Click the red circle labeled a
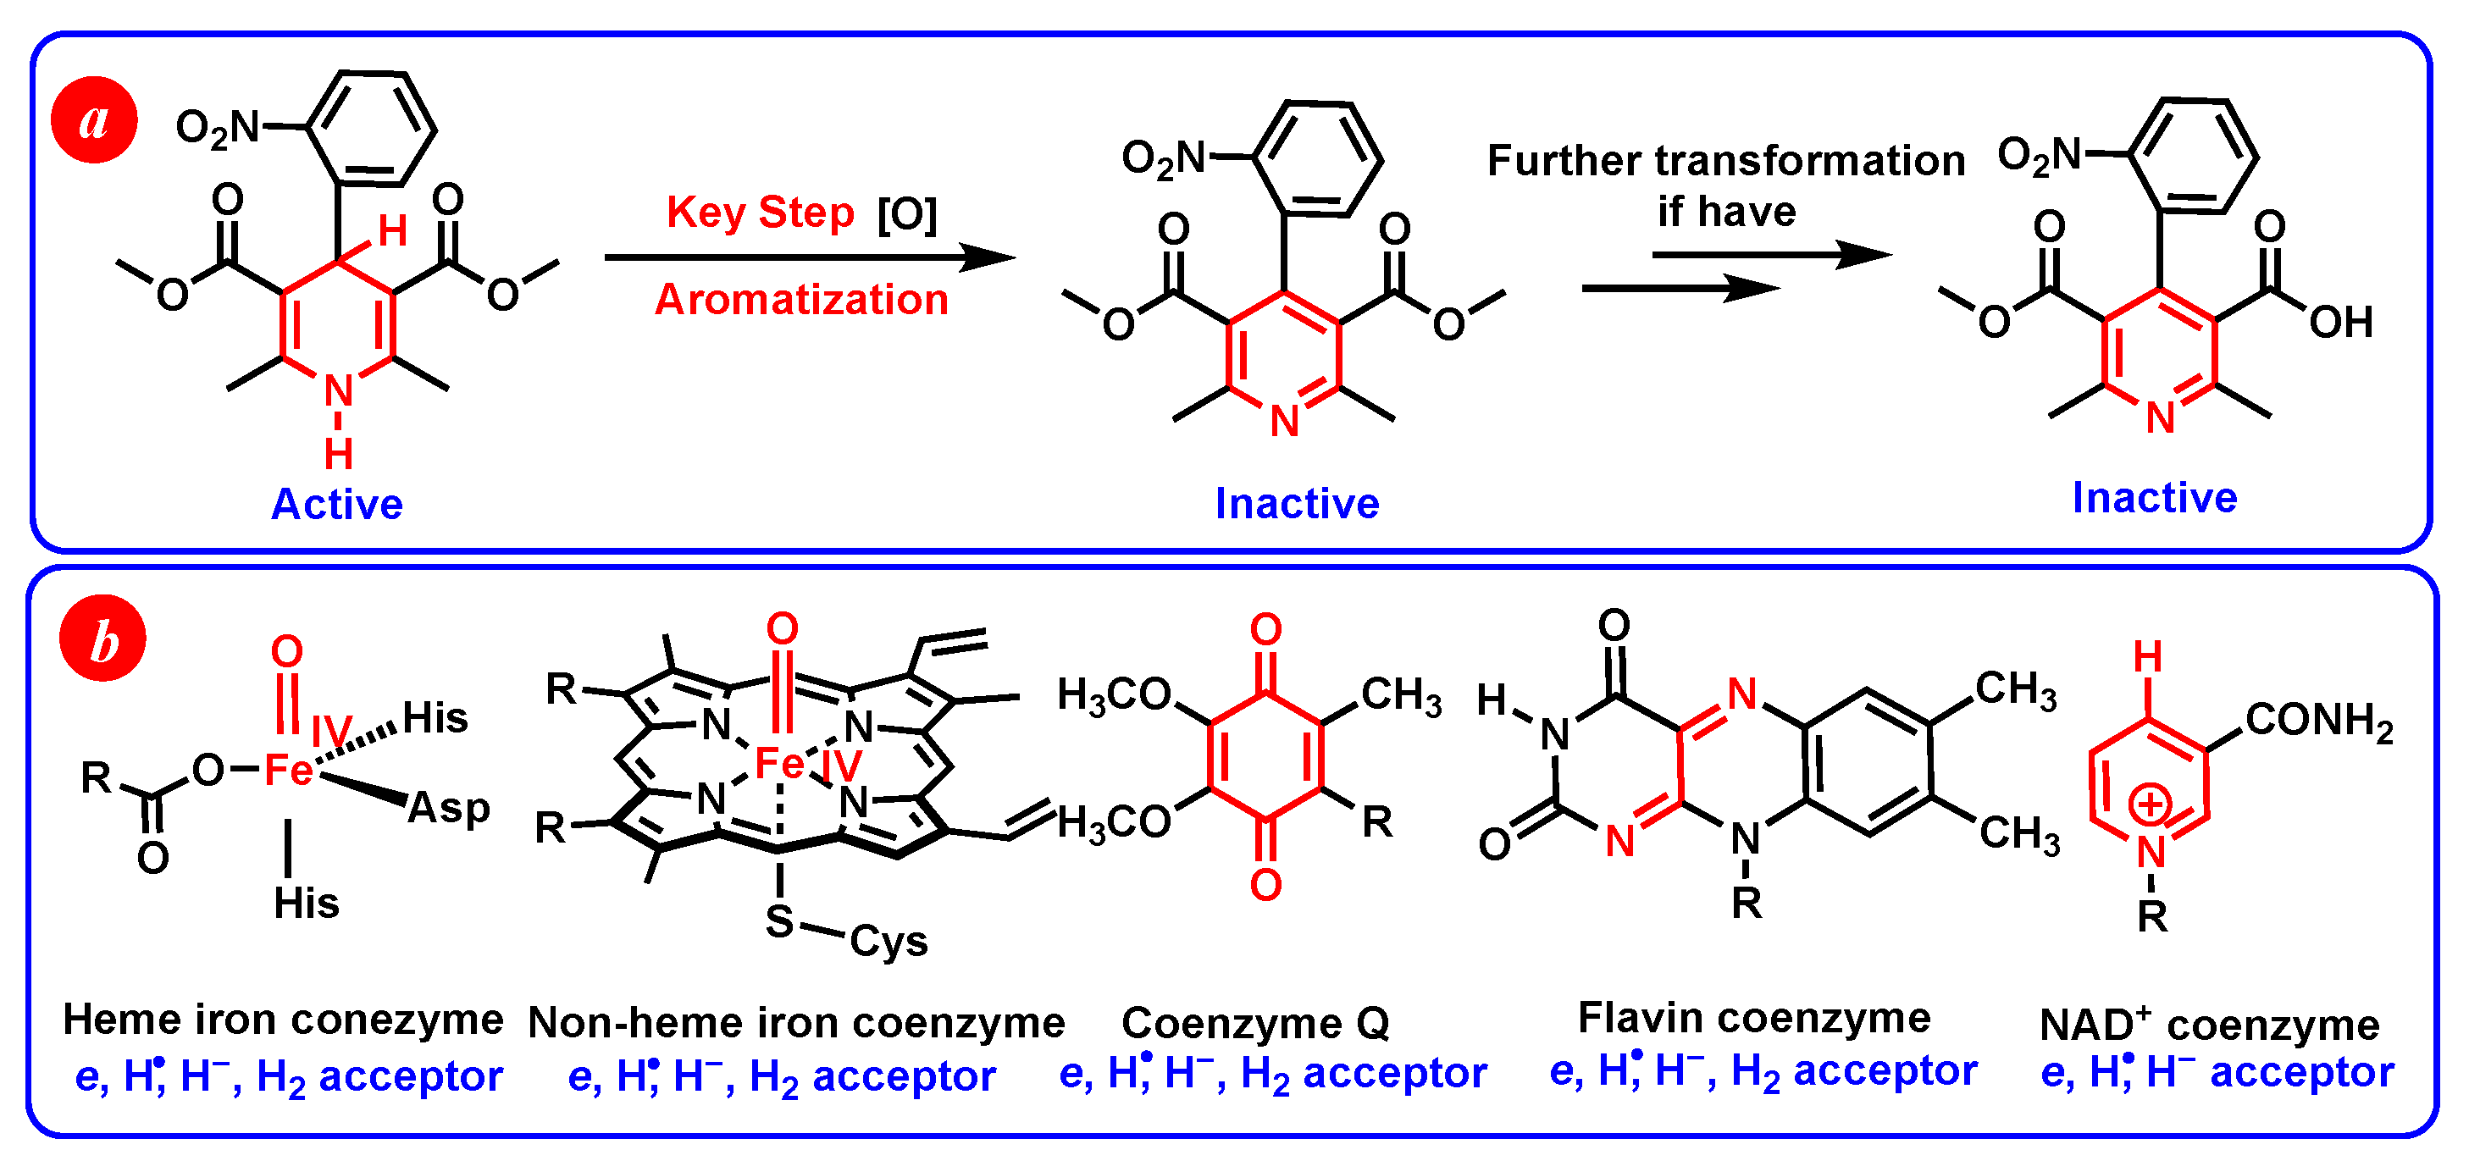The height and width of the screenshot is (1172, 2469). point(94,121)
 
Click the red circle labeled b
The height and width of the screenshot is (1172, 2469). point(102,639)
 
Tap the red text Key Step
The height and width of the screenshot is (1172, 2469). point(760,213)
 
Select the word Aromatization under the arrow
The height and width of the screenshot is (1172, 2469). point(801,300)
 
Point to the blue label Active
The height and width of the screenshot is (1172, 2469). point(337,504)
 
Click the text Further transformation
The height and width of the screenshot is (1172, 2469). point(1725,161)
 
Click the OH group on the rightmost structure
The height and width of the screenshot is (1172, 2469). point(2340,323)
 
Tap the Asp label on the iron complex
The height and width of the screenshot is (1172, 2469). point(449,808)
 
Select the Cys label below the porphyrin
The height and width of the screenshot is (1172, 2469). point(889,941)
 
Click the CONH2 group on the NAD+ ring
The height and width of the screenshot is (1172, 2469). point(2318,720)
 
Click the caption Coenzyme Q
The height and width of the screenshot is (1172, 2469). point(1255,1024)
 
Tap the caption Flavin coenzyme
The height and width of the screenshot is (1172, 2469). point(1754,1018)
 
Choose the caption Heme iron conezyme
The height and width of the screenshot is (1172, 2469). point(283,1020)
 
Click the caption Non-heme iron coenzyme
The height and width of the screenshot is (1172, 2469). point(796,1024)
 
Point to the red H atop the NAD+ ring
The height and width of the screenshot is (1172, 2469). point(2148,657)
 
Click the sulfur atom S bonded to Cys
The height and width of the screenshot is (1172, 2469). point(779,922)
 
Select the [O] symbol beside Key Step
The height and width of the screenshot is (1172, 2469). point(906,213)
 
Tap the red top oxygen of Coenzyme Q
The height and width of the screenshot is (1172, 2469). point(1266,629)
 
